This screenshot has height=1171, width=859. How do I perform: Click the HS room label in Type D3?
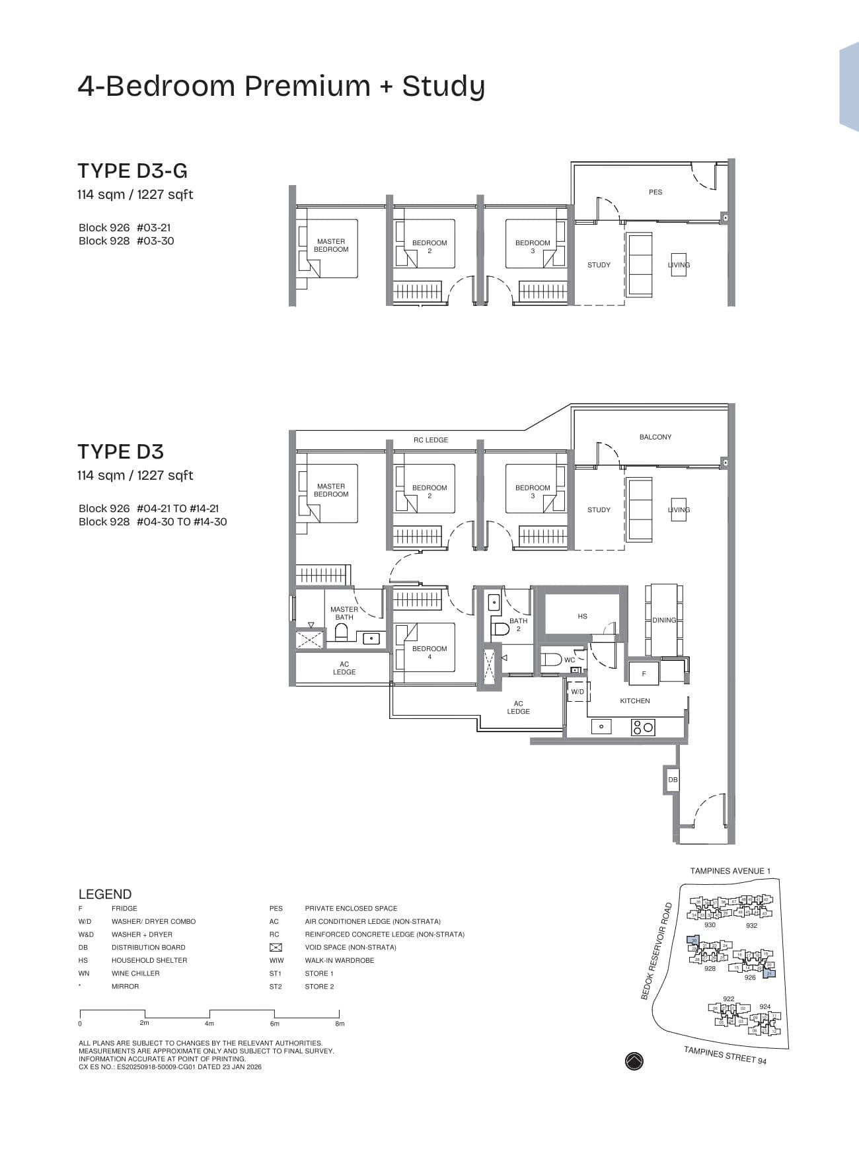click(582, 616)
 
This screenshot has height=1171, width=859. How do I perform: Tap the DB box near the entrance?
click(673, 780)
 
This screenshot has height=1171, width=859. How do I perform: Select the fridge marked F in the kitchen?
click(644, 673)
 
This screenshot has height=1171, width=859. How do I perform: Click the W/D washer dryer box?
click(578, 692)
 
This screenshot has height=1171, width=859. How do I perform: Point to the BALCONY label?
click(655, 437)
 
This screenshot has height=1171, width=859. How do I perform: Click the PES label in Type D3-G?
click(655, 192)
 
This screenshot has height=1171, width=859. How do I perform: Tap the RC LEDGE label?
click(431, 440)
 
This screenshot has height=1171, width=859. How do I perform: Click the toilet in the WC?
click(550, 659)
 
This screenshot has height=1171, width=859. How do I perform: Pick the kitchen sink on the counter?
click(601, 727)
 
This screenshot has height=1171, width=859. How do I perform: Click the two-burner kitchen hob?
click(643, 728)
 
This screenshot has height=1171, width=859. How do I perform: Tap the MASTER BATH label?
click(344, 613)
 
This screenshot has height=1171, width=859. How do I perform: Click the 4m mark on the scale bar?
click(209, 1023)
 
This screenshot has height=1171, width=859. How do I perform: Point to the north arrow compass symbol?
click(634, 1061)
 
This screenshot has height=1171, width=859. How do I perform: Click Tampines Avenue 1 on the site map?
click(730, 871)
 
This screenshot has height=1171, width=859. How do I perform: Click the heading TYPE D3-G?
click(132, 170)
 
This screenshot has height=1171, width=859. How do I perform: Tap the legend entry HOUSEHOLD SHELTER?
click(149, 960)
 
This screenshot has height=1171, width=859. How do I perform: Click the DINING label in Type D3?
click(663, 620)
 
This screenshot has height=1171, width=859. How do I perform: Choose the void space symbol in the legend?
click(276, 947)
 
